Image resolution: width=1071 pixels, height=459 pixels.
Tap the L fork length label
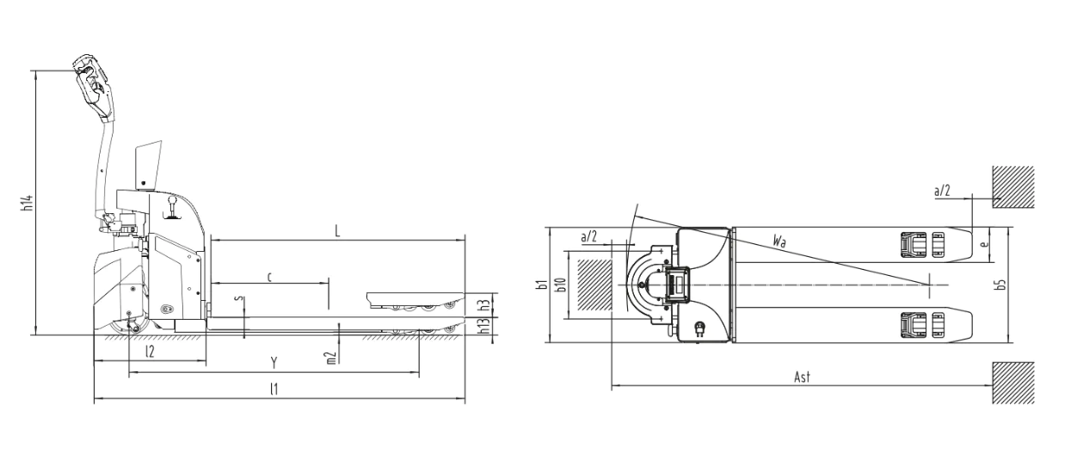coord(337,232)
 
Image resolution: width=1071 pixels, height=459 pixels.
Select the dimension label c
coord(270,277)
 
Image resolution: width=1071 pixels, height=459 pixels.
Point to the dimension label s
coord(238,299)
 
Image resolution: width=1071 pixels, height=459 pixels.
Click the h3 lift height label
coord(484,305)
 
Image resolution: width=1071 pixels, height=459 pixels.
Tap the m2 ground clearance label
coord(331,358)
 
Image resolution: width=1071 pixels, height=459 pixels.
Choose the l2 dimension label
coord(150,352)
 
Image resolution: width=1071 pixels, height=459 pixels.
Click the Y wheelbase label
coord(274,364)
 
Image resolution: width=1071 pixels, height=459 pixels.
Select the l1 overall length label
coord(274,389)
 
